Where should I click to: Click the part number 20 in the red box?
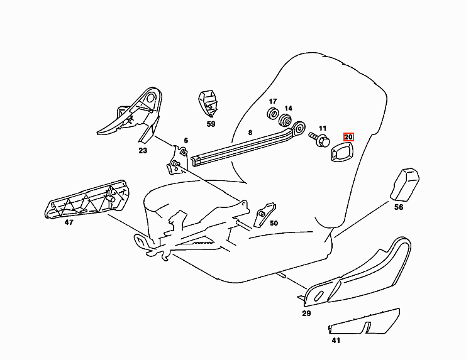click(x=348, y=137)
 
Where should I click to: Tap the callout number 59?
click(x=211, y=124)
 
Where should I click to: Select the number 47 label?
click(x=69, y=222)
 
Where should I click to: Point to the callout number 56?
click(x=399, y=207)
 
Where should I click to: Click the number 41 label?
click(x=336, y=341)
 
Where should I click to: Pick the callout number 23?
click(x=143, y=150)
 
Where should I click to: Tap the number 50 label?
click(x=274, y=223)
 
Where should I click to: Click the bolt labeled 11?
click(x=319, y=139)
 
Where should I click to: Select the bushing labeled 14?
click(x=285, y=119)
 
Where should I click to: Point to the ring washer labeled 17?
click(x=272, y=114)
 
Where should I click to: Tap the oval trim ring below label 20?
click(x=341, y=151)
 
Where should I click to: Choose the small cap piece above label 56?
click(x=404, y=185)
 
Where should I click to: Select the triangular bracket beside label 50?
click(x=264, y=214)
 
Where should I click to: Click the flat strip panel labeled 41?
click(x=363, y=322)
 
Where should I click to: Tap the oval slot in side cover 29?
click(x=318, y=295)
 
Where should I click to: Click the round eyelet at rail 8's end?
click(x=299, y=129)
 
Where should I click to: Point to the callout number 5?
click(x=186, y=140)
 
